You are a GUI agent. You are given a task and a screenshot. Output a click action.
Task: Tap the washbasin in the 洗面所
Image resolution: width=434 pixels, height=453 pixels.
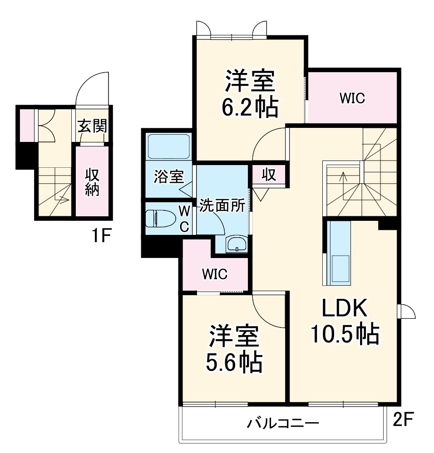coord(237,244)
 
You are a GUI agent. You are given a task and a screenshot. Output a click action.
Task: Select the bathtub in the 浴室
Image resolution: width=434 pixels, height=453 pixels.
coord(168,146)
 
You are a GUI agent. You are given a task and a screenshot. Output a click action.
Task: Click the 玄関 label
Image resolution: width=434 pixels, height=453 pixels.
coord(93,126)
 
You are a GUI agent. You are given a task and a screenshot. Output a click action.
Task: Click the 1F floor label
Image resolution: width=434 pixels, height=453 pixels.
coord(101,236)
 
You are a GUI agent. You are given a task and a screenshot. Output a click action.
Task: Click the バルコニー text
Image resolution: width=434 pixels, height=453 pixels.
coord(283,424)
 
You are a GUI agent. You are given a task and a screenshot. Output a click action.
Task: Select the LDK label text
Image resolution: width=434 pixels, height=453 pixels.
coord(345,308)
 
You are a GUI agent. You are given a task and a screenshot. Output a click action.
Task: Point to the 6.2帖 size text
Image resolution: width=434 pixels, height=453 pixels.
coord(250,107)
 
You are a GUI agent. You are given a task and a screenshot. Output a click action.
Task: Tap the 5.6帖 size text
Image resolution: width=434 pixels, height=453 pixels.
coord(234,361)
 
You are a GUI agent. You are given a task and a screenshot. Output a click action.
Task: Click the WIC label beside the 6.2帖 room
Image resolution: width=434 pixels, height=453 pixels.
coord(352,98)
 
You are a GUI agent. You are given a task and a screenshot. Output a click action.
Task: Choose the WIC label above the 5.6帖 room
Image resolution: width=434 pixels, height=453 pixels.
coord(215,274)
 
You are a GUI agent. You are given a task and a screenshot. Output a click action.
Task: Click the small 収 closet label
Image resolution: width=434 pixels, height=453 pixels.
coord(269,175)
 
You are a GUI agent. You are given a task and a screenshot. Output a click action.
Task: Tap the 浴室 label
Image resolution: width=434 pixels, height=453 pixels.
coord(168,176)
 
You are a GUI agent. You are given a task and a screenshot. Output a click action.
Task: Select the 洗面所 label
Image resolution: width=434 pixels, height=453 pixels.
coord(222,205)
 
